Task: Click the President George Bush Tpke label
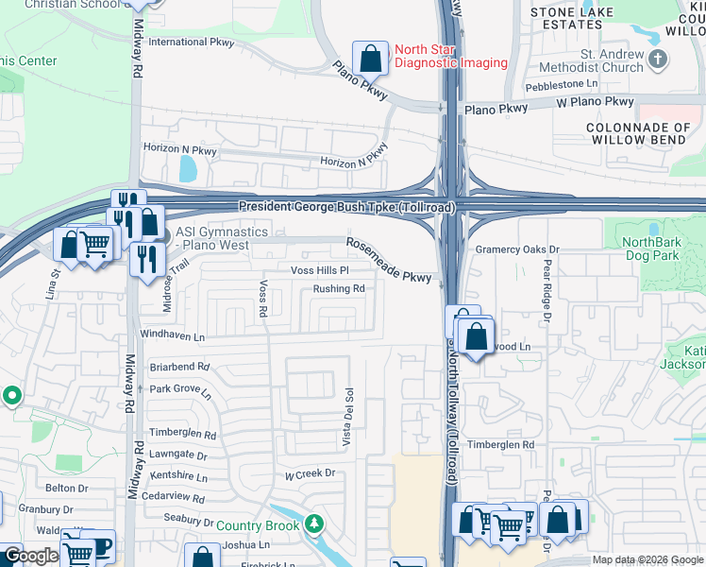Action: tap(346, 206)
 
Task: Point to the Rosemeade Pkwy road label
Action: tap(388, 260)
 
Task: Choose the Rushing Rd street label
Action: tap(339, 288)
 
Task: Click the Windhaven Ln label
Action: tap(172, 335)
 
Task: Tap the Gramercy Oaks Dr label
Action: tap(517, 249)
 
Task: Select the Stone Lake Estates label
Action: tap(572, 18)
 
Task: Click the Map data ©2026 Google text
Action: tap(647, 559)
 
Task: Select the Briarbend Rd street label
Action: tap(179, 367)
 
